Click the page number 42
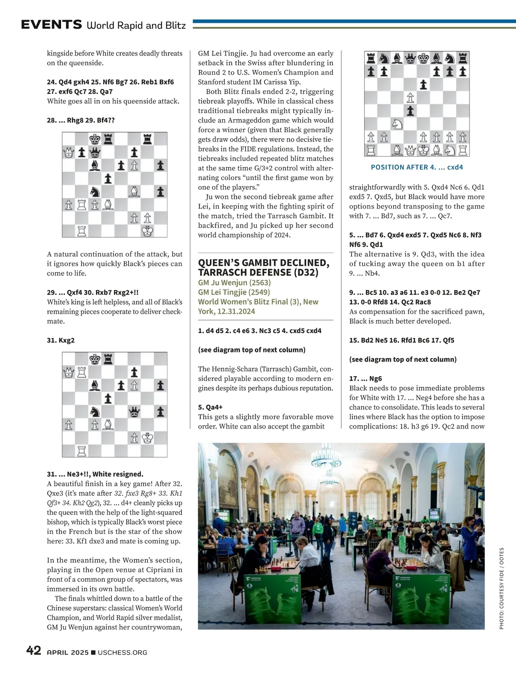[x=34, y=650]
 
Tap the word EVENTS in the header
[x=52, y=25]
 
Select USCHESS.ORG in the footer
[x=123, y=652]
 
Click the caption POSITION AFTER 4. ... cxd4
[x=417, y=167]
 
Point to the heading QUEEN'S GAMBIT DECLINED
[x=264, y=263]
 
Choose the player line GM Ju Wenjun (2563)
[x=234, y=283]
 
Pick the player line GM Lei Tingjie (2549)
[x=234, y=292]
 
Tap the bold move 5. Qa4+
[x=210, y=407]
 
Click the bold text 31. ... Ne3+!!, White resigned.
[x=95, y=474]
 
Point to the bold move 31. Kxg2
[x=61, y=340]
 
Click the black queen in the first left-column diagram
[x=95, y=152]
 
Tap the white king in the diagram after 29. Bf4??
[x=147, y=231]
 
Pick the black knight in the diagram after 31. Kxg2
[x=95, y=412]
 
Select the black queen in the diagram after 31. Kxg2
[x=134, y=412]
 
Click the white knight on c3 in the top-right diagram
[x=397, y=124]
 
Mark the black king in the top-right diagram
[x=424, y=58]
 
